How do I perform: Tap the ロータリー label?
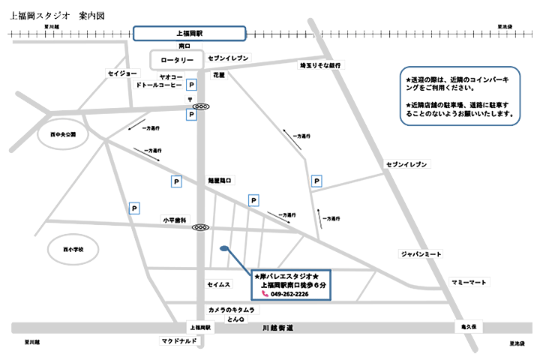click(178, 59)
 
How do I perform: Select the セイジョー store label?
click(123, 73)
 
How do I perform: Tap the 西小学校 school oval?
click(73, 249)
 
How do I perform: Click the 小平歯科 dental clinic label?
click(175, 220)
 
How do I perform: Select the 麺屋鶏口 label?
click(220, 180)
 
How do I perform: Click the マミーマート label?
click(469, 282)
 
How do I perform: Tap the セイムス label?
click(218, 285)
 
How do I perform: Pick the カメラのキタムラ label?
click(232, 310)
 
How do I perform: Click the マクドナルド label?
click(178, 341)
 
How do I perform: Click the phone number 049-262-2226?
click(289, 294)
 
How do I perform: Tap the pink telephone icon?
click(264, 294)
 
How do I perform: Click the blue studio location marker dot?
click(223, 248)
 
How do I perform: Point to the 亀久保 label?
click(469, 327)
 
